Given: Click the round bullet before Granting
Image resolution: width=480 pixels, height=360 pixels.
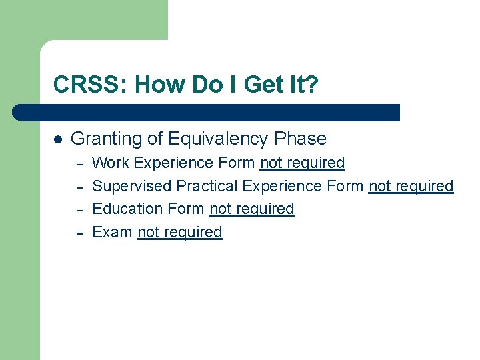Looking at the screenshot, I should [x=58, y=139].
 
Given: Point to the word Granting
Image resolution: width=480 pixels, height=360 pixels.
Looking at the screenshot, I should [x=107, y=139].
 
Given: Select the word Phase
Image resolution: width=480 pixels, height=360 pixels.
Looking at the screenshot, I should [x=300, y=139].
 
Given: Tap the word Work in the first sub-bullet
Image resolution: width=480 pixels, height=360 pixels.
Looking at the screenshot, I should [x=110, y=163].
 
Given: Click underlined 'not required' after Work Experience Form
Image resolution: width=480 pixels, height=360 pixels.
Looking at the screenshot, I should [x=302, y=163].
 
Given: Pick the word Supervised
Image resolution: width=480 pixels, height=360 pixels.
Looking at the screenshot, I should [x=132, y=186].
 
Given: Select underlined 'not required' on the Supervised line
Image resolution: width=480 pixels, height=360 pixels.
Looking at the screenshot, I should [x=411, y=186].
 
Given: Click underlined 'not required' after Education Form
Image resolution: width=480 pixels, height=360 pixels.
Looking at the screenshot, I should [x=251, y=209].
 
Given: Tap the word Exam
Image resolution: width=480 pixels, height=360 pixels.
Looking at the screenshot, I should [x=112, y=232].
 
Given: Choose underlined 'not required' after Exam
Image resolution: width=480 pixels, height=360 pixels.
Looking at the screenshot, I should [x=179, y=232].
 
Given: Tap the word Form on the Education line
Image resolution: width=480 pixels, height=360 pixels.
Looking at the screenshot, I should [x=187, y=209].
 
